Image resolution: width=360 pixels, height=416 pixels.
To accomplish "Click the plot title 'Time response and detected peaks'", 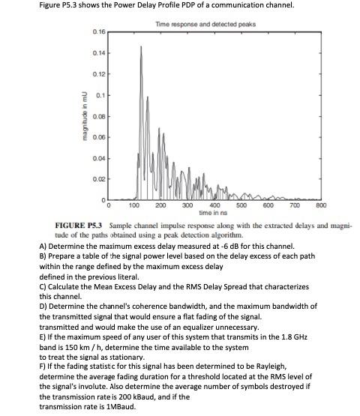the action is click(x=205, y=24).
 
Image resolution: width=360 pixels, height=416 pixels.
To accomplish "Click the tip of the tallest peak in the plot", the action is click(x=139, y=46).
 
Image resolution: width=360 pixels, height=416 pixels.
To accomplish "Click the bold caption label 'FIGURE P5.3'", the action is click(x=80, y=224).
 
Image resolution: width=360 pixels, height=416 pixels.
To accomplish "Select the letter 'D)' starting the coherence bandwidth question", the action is click(x=43, y=306).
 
